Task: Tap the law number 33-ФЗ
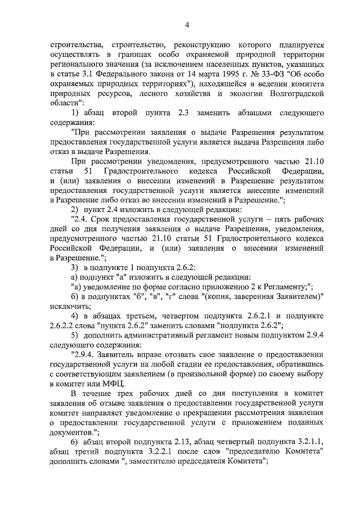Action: pos(255,73)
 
